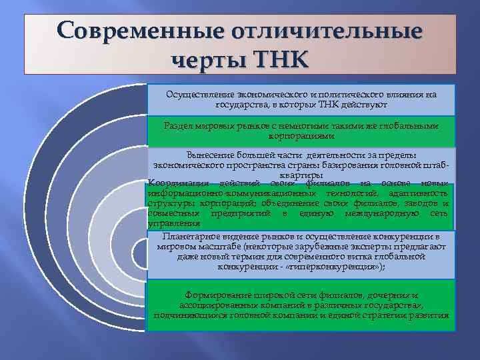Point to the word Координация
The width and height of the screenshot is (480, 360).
pyautogui.click(x=177, y=183)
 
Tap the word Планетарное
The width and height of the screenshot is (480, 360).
pyautogui.click(x=193, y=237)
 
